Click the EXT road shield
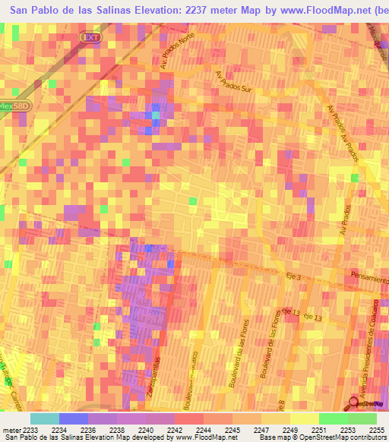click(90, 36)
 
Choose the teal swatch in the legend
click(45, 418)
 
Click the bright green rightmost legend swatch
click(362, 418)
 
